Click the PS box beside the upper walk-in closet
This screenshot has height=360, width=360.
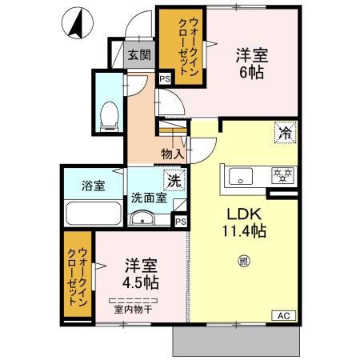[x=165, y=78]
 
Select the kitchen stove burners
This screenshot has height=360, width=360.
[x=281, y=174]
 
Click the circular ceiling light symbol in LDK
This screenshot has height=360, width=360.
[x=242, y=258]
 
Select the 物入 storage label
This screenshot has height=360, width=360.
[x=172, y=154]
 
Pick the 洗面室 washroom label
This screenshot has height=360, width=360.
[x=150, y=198]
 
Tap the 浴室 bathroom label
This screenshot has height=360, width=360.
[x=93, y=186]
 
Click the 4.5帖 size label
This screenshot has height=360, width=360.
[x=141, y=282]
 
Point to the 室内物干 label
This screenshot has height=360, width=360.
[x=134, y=309]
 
